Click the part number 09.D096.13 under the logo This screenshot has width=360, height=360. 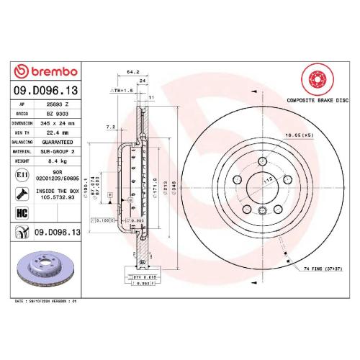tap(45, 92)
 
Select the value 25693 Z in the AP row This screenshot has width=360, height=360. tap(57, 105)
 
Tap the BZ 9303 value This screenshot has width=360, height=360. tap(57, 114)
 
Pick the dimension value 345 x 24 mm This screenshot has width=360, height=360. tap(57, 123)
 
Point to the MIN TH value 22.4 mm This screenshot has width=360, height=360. tap(57, 132)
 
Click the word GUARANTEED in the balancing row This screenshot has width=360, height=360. tap(57, 142)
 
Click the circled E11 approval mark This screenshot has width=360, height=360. tap(21, 175)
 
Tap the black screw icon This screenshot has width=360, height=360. tap(21, 193)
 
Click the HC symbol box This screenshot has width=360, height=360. tap(21, 213)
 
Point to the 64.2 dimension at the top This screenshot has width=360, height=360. tap(132, 72)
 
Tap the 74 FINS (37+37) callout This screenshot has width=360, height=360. tap(322, 268)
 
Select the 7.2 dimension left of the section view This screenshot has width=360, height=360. tap(110, 126)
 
